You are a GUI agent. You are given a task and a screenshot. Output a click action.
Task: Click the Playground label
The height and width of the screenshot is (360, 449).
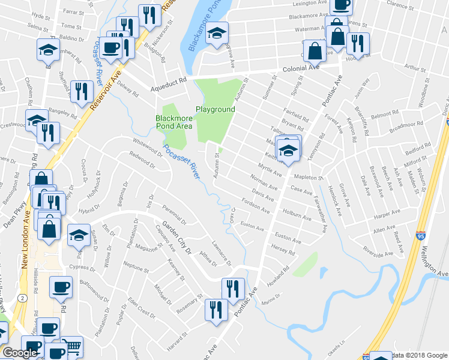[x=214, y=110]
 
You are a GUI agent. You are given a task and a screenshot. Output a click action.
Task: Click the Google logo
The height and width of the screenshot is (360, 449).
[x=20, y=353]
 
